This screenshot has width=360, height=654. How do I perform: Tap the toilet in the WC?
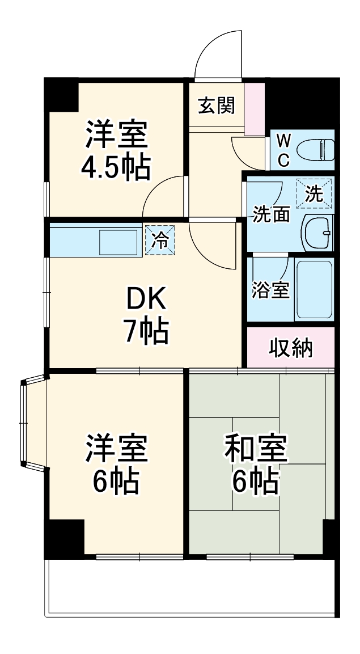(x=318, y=150)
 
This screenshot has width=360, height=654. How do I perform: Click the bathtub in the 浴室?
(x=315, y=290)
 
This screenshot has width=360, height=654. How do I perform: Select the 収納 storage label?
(x=290, y=348)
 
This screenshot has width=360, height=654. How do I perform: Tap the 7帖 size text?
(x=146, y=332)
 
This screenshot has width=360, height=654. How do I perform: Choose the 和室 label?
(x=256, y=449)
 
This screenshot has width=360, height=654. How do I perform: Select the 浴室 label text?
(x=270, y=290)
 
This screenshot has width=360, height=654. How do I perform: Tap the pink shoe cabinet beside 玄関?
(x=254, y=109)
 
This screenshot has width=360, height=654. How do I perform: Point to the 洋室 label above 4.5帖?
(x=116, y=135)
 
